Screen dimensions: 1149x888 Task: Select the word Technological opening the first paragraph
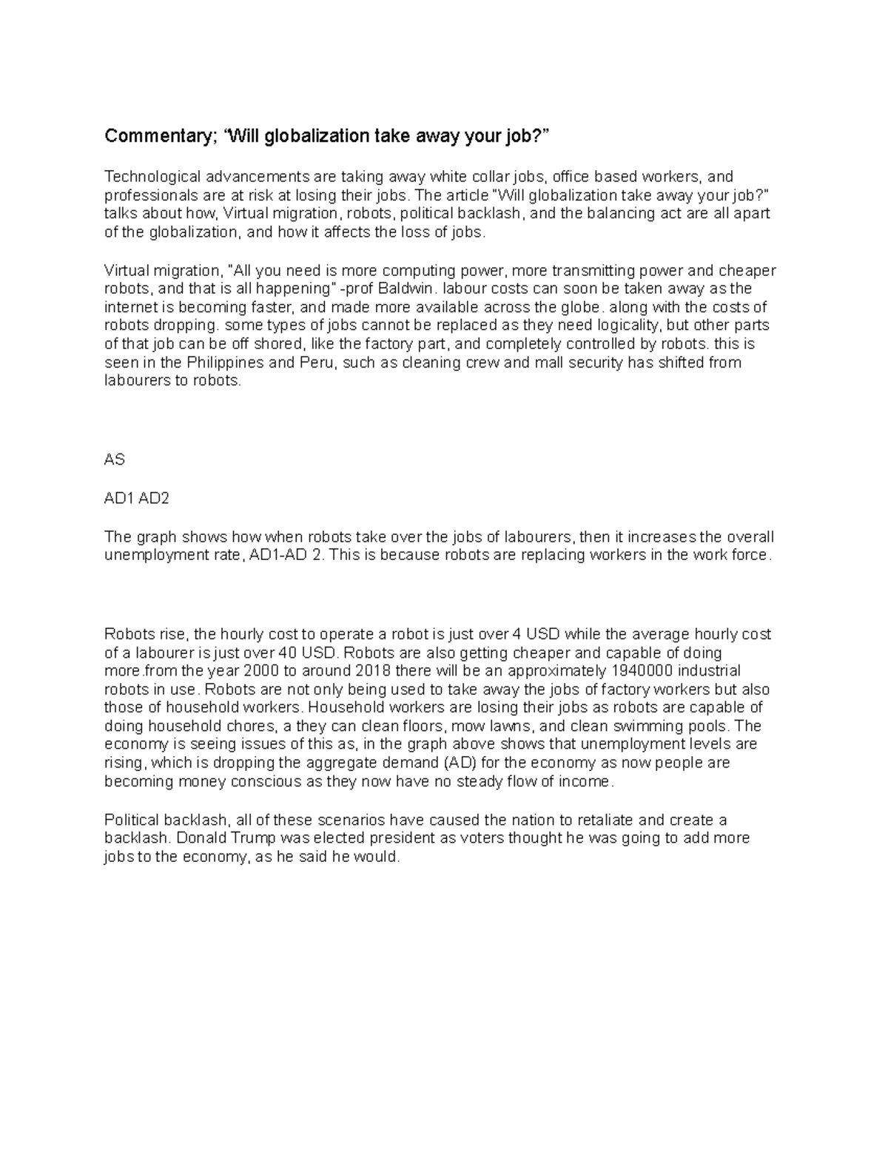152,177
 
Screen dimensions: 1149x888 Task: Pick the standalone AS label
115,459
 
